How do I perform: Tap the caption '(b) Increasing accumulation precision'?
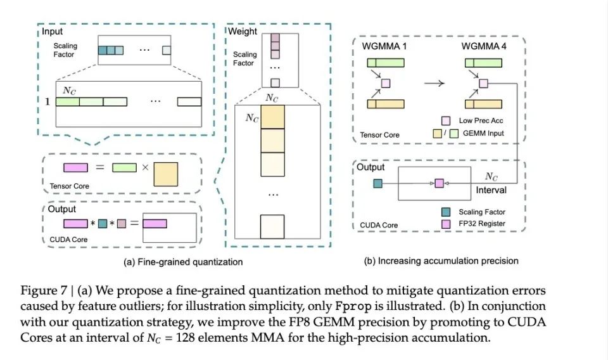point(441,260)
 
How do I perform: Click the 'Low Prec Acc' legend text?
point(483,120)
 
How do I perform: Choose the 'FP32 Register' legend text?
point(483,224)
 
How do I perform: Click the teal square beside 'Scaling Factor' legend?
point(446,212)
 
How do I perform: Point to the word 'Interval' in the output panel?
point(491,190)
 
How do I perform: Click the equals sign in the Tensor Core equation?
point(99,168)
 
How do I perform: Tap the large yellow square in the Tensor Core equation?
point(166,173)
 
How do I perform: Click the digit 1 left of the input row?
point(46,101)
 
